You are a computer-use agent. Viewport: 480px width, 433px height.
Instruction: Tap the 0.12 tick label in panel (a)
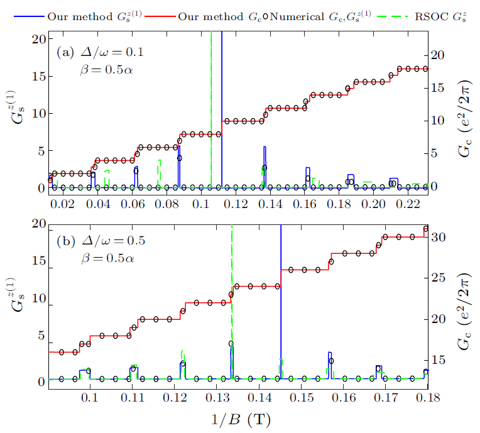236,205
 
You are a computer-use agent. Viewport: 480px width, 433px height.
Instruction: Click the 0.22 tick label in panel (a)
410,205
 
